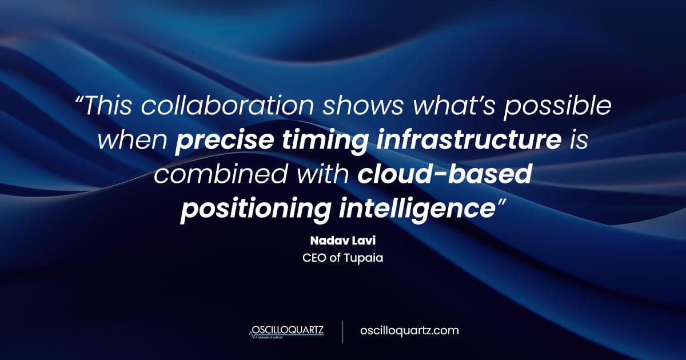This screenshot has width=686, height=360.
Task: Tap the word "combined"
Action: tap(218, 175)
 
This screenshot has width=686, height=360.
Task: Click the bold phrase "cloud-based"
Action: tap(445, 175)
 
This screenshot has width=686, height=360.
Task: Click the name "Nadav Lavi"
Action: tap(342, 240)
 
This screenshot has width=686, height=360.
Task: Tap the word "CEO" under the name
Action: tap(314, 258)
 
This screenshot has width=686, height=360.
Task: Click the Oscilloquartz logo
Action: tap(288, 331)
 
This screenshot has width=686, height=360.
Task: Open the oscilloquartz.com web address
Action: tap(409, 331)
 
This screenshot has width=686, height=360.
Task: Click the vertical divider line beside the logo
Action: tap(342, 331)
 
